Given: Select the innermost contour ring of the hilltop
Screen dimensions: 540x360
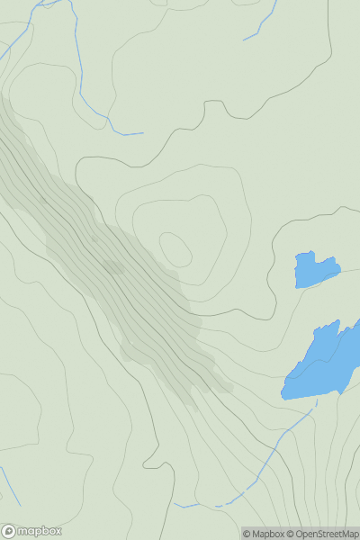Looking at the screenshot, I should (x=175, y=248).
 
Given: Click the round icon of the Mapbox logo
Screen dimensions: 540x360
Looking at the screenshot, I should (x=10, y=531).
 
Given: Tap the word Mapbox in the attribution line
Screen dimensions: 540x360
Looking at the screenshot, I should (x=268, y=534).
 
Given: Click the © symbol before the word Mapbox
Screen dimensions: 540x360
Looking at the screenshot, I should (x=247, y=534).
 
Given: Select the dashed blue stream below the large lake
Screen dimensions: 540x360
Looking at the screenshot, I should (x=270, y=459).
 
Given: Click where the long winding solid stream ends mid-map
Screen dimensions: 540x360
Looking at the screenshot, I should (x=142, y=134).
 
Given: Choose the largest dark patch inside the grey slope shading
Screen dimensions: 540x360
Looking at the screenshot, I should (x=113, y=267).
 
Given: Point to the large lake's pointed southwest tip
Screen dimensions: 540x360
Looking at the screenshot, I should (x=283, y=396).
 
